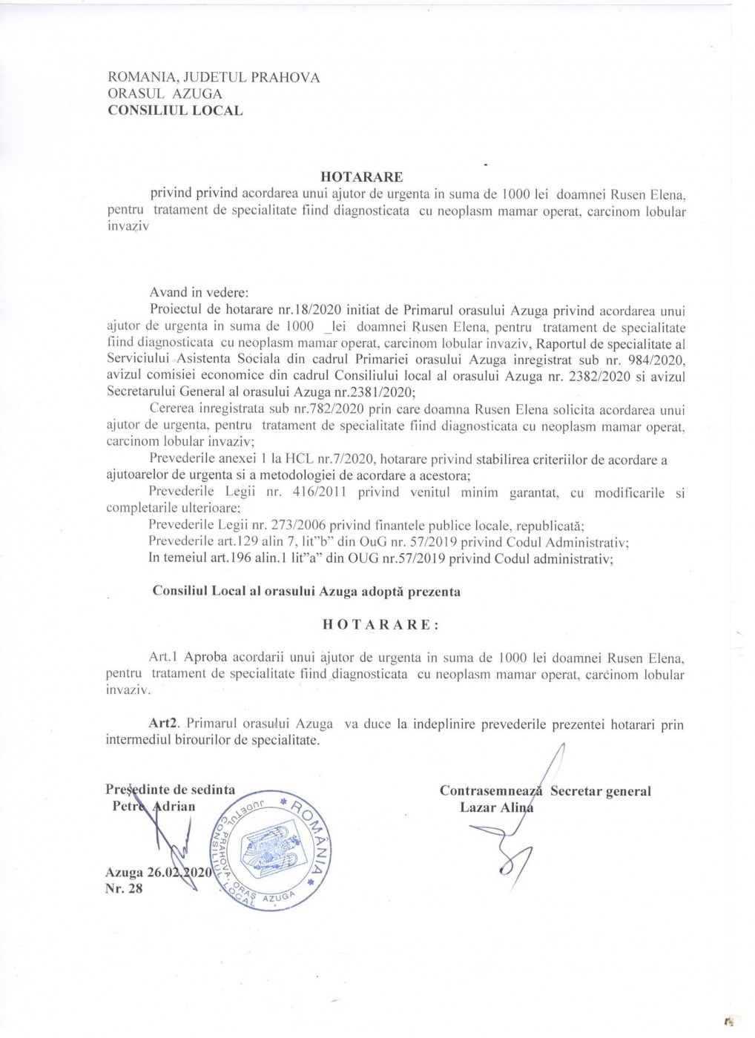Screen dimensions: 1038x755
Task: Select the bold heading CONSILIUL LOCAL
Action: pyautogui.click(x=175, y=110)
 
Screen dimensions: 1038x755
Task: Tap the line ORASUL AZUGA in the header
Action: pyautogui.click(x=165, y=93)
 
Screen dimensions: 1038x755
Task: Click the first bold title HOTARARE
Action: pyautogui.click(x=362, y=177)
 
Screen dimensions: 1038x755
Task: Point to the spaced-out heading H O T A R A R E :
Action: pyautogui.click(x=380, y=624)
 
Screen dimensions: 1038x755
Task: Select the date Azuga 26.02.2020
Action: pyautogui.click(x=159, y=873)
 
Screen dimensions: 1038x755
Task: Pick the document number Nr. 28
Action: pyautogui.click(x=124, y=888)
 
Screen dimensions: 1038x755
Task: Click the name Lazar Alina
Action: pyautogui.click(x=496, y=807)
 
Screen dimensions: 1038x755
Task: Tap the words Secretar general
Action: pyautogui.click(x=601, y=791)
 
